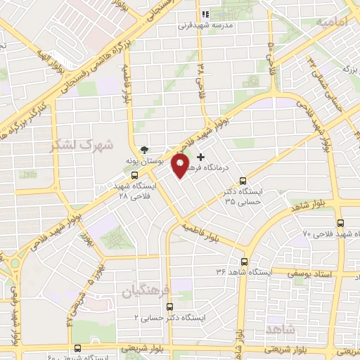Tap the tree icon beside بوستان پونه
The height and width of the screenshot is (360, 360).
point(145,149)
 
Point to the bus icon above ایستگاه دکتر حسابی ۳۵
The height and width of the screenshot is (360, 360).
point(243,180)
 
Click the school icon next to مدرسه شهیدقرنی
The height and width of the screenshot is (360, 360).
point(205,13)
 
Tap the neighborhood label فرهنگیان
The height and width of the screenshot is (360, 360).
point(146,289)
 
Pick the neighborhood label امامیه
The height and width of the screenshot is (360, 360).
point(332,23)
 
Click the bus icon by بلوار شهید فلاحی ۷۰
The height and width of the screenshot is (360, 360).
point(340,223)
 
